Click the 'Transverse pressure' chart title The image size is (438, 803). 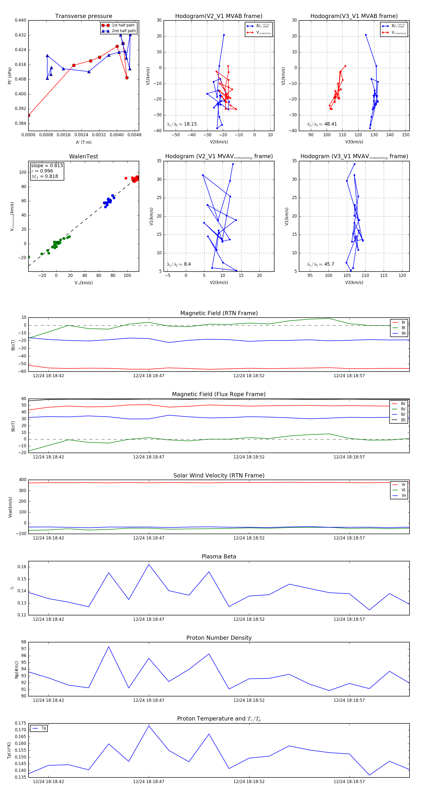pyautogui.click(x=83, y=16)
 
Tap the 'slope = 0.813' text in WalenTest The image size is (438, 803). pyautogui.click(x=47, y=165)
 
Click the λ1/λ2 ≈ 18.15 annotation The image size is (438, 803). pyautogui.click(x=182, y=124)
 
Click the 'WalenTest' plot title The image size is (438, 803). pyautogui.click(x=83, y=156)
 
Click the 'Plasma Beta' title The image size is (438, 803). pyautogui.click(x=219, y=557)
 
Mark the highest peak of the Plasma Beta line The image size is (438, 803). pyautogui.click(x=149, y=565)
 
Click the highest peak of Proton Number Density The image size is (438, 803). pyautogui.click(x=109, y=647)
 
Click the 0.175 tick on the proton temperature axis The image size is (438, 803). pyautogui.click(x=21, y=723)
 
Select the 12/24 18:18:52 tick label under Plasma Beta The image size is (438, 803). pyautogui.click(x=249, y=619)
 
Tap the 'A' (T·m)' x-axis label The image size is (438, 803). pyautogui.click(x=83, y=142)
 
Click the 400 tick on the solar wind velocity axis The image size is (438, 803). pyautogui.click(x=22, y=480)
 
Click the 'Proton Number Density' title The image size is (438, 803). pyautogui.click(x=219, y=638)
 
